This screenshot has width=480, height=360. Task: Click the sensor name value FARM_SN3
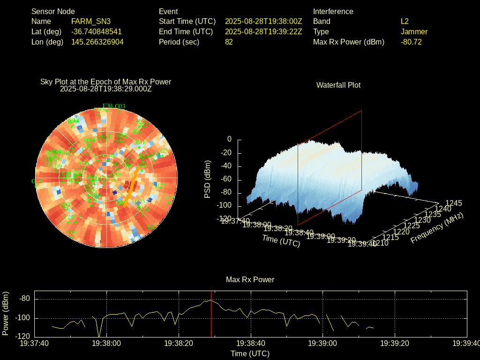91,21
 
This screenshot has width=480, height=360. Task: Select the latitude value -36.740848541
97,31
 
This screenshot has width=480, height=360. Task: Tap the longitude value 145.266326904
97,42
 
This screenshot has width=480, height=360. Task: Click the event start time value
263,21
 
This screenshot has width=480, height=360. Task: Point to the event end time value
263,31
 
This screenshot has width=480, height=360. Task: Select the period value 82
229,42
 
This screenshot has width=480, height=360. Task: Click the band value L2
405,21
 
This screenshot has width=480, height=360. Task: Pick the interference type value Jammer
414,31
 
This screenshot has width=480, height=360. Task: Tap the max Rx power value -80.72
411,42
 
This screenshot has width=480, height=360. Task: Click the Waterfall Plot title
338,85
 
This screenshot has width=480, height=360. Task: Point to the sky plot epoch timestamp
106,88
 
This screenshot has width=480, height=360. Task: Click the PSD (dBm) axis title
208,179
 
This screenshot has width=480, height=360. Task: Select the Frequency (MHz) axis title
437,228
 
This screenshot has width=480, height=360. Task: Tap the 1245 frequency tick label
453,203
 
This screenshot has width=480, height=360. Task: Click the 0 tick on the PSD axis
229,139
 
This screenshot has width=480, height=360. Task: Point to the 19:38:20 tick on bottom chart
179,343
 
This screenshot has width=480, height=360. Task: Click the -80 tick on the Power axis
25,299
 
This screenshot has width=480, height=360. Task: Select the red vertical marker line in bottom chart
211,319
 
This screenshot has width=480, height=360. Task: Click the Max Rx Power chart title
250,279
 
